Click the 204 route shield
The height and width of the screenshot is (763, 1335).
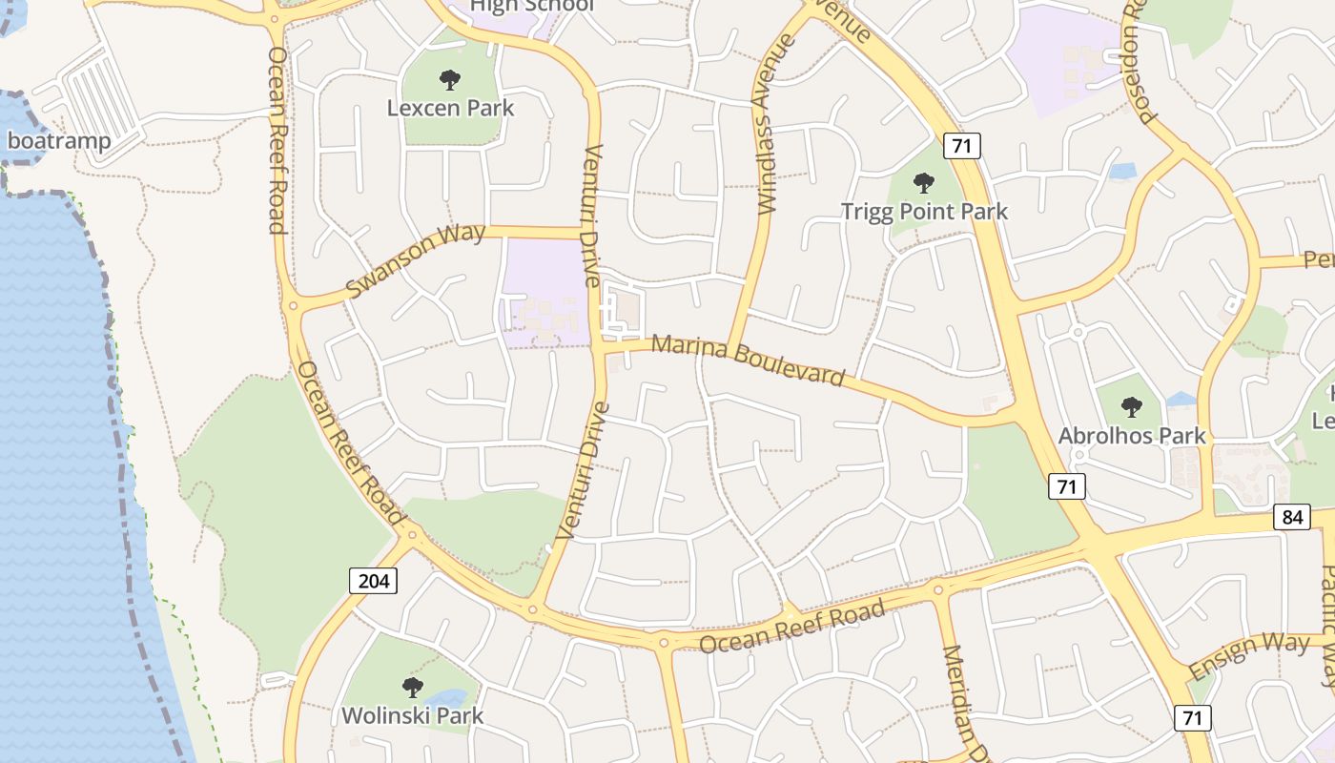click(x=373, y=580)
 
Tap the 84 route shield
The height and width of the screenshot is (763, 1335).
click(x=1291, y=517)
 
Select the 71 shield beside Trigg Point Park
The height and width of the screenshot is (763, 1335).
click(x=962, y=146)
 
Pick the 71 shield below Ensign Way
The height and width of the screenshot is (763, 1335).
click(x=1193, y=717)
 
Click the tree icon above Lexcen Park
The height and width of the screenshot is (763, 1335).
click(x=449, y=80)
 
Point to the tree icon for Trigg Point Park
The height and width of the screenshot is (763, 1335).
click(x=923, y=183)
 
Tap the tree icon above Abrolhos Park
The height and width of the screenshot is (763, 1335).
click(x=1132, y=407)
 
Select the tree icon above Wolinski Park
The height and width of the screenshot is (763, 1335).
click(x=412, y=687)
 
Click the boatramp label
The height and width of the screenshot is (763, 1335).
click(x=59, y=141)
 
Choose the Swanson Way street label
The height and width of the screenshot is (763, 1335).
click(x=416, y=259)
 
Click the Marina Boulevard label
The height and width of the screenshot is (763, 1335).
click(x=749, y=359)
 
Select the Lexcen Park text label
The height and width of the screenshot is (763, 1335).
click(x=450, y=108)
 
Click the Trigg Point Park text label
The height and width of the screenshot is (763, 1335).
click(x=924, y=211)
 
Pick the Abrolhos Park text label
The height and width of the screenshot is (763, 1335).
click(x=1132, y=436)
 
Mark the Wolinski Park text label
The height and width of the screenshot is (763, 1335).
click(x=412, y=714)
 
